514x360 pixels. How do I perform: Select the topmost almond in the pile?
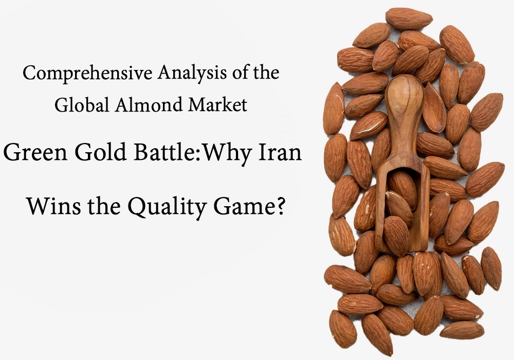point(409,19)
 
